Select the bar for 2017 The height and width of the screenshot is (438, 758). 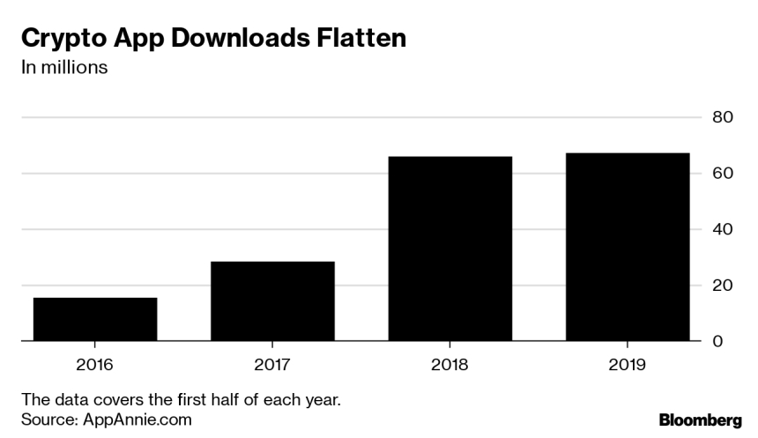pyautogui.click(x=272, y=301)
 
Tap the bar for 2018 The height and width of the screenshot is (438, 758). pyautogui.click(x=450, y=249)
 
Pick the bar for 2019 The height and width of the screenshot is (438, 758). pyautogui.click(x=628, y=247)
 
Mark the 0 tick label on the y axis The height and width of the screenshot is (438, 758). pyautogui.click(x=717, y=341)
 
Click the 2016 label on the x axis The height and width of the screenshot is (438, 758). pyautogui.click(x=95, y=364)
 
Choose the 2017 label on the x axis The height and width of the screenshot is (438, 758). pyautogui.click(x=272, y=364)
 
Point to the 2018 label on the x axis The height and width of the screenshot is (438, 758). pyautogui.click(x=450, y=364)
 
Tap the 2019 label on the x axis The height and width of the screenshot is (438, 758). pyautogui.click(x=628, y=364)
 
